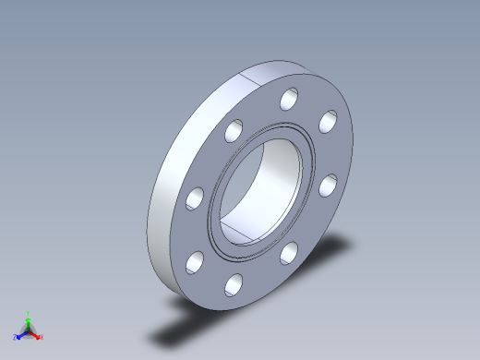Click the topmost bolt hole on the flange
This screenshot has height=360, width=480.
[290, 98]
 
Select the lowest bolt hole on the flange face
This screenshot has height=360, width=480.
[233, 284]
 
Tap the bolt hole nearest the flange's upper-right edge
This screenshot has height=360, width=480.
[328, 121]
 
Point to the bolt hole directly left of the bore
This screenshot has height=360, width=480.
[194, 198]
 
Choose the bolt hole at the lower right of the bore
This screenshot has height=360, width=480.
[288, 251]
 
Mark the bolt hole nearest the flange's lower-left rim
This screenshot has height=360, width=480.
[195, 262]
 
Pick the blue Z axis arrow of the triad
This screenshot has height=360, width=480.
[21, 335]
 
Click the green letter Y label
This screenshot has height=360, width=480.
[29, 313]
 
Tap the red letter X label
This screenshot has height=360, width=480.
[42, 337]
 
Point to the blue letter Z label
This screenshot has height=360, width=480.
[16, 338]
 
